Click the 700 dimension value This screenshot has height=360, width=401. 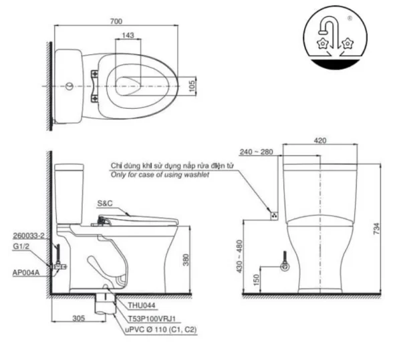(x=116, y=21)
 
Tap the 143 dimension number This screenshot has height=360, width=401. (x=128, y=35)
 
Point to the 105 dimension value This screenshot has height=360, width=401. (x=192, y=86)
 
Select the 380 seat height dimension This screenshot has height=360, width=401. (x=186, y=260)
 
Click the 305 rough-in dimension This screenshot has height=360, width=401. (x=78, y=318)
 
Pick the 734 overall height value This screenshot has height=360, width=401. (x=377, y=228)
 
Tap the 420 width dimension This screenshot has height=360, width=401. (x=320, y=140)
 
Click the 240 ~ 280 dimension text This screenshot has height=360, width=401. (x=256, y=152)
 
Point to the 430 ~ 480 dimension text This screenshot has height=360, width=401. (x=239, y=256)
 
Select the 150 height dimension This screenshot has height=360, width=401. (x=257, y=279)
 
